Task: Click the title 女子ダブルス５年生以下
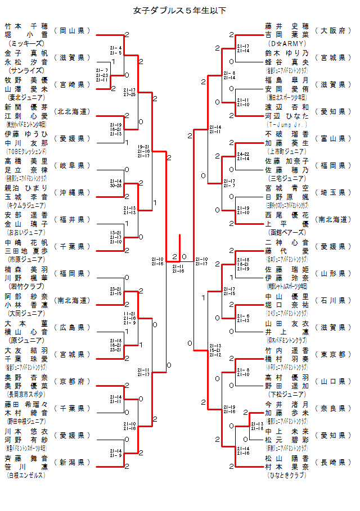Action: point(179,10)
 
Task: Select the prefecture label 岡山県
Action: point(72,30)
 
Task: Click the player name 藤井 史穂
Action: point(287,26)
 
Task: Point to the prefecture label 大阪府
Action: point(333,30)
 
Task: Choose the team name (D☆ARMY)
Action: point(287,43)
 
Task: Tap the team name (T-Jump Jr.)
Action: point(287,124)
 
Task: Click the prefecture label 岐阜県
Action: point(72,165)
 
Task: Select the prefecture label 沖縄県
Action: point(72,192)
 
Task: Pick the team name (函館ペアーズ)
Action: point(287,232)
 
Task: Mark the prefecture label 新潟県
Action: point(72,462)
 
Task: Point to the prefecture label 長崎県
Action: point(333,462)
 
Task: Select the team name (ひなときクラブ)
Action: point(287,475)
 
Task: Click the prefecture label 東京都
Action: point(333,354)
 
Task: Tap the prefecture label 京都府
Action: point(72,381)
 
